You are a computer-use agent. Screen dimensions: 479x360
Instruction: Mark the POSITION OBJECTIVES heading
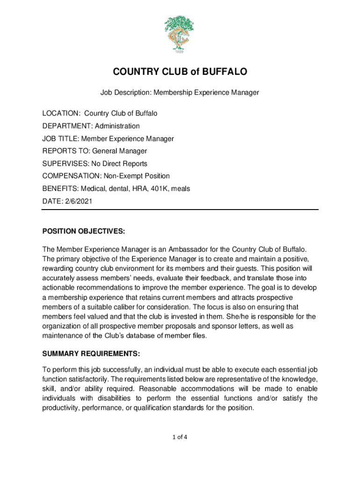(84, 231)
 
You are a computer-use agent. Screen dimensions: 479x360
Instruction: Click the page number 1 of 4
(180, 437)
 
